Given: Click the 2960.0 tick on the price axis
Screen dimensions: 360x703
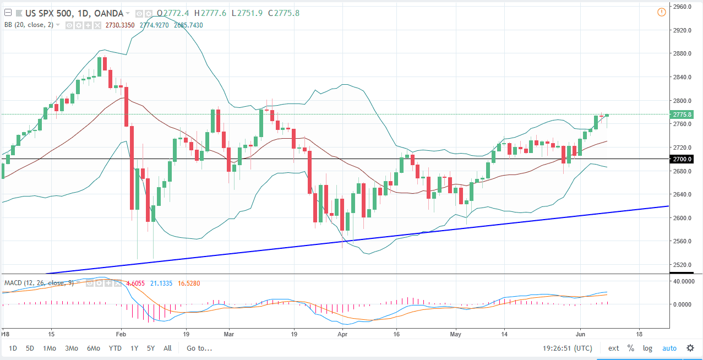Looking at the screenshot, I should pos(682,7).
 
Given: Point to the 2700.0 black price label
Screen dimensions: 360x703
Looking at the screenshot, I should pos(682,159).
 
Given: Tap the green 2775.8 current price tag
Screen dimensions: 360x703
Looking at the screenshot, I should pos(682,114).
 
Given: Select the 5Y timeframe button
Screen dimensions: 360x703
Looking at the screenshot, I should pos(151,348).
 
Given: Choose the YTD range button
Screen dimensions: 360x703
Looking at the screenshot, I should pos(115,348).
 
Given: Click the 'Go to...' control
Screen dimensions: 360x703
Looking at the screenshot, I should pos(199,348).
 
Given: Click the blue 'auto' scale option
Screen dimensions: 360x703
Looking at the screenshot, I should pos(669,348).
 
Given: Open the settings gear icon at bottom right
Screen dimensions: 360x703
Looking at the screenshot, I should pos(690,348).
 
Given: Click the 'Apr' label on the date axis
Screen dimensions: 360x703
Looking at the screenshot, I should pos(342,334).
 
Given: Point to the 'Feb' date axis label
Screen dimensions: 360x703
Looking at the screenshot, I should pos(122,334).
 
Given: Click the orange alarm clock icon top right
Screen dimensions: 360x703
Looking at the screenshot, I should pos(662,12).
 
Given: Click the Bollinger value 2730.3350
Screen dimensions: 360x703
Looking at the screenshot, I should pos(125,25).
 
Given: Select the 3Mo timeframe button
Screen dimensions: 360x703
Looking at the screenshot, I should pos(71,348).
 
